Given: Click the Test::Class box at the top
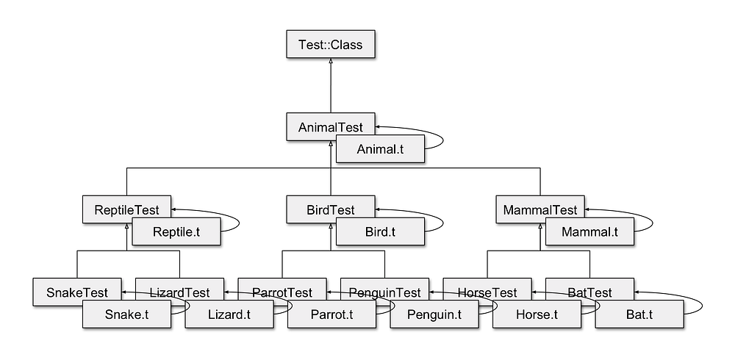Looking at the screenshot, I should [x=330, y=45].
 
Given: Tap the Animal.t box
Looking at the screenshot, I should [x=380, y=149].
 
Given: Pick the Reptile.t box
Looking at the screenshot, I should [x=176, y=232].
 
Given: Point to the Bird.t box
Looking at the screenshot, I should [x=380, y=232].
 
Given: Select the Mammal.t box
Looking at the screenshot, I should [x=590, y=232].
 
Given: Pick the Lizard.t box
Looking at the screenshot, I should [x=229, y=315].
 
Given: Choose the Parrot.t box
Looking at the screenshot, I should [x=331, y=315].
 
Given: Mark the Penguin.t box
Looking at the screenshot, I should [x=434, y=315].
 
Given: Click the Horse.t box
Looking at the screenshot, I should [x=536, y=315].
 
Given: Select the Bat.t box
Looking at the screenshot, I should [x=639, y=315].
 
